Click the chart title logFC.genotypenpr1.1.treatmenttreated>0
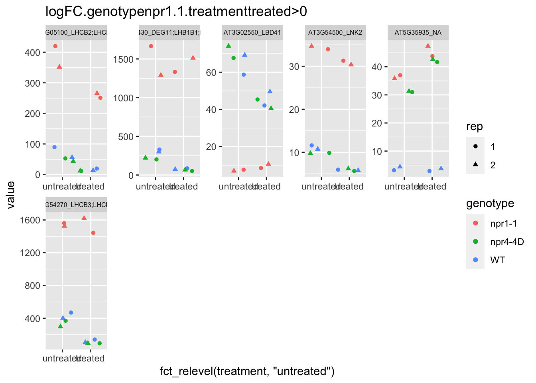pos(176,12)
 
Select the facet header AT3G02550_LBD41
pos(252,32)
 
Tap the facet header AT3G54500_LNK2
pos(335,32)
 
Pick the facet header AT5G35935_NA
pos(418,32)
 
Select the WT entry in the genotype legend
pos(497,260)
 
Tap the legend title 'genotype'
pos(490,203)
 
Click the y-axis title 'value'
pos(11,195)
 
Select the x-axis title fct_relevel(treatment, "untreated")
pos(247,371)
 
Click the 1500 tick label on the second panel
pos(124,59)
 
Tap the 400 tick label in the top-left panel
pos(32,53)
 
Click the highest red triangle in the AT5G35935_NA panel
pos(428,46)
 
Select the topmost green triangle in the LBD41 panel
pos(229,46)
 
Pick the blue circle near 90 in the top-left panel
pos(54,147)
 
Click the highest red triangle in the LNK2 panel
pos(311,46)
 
